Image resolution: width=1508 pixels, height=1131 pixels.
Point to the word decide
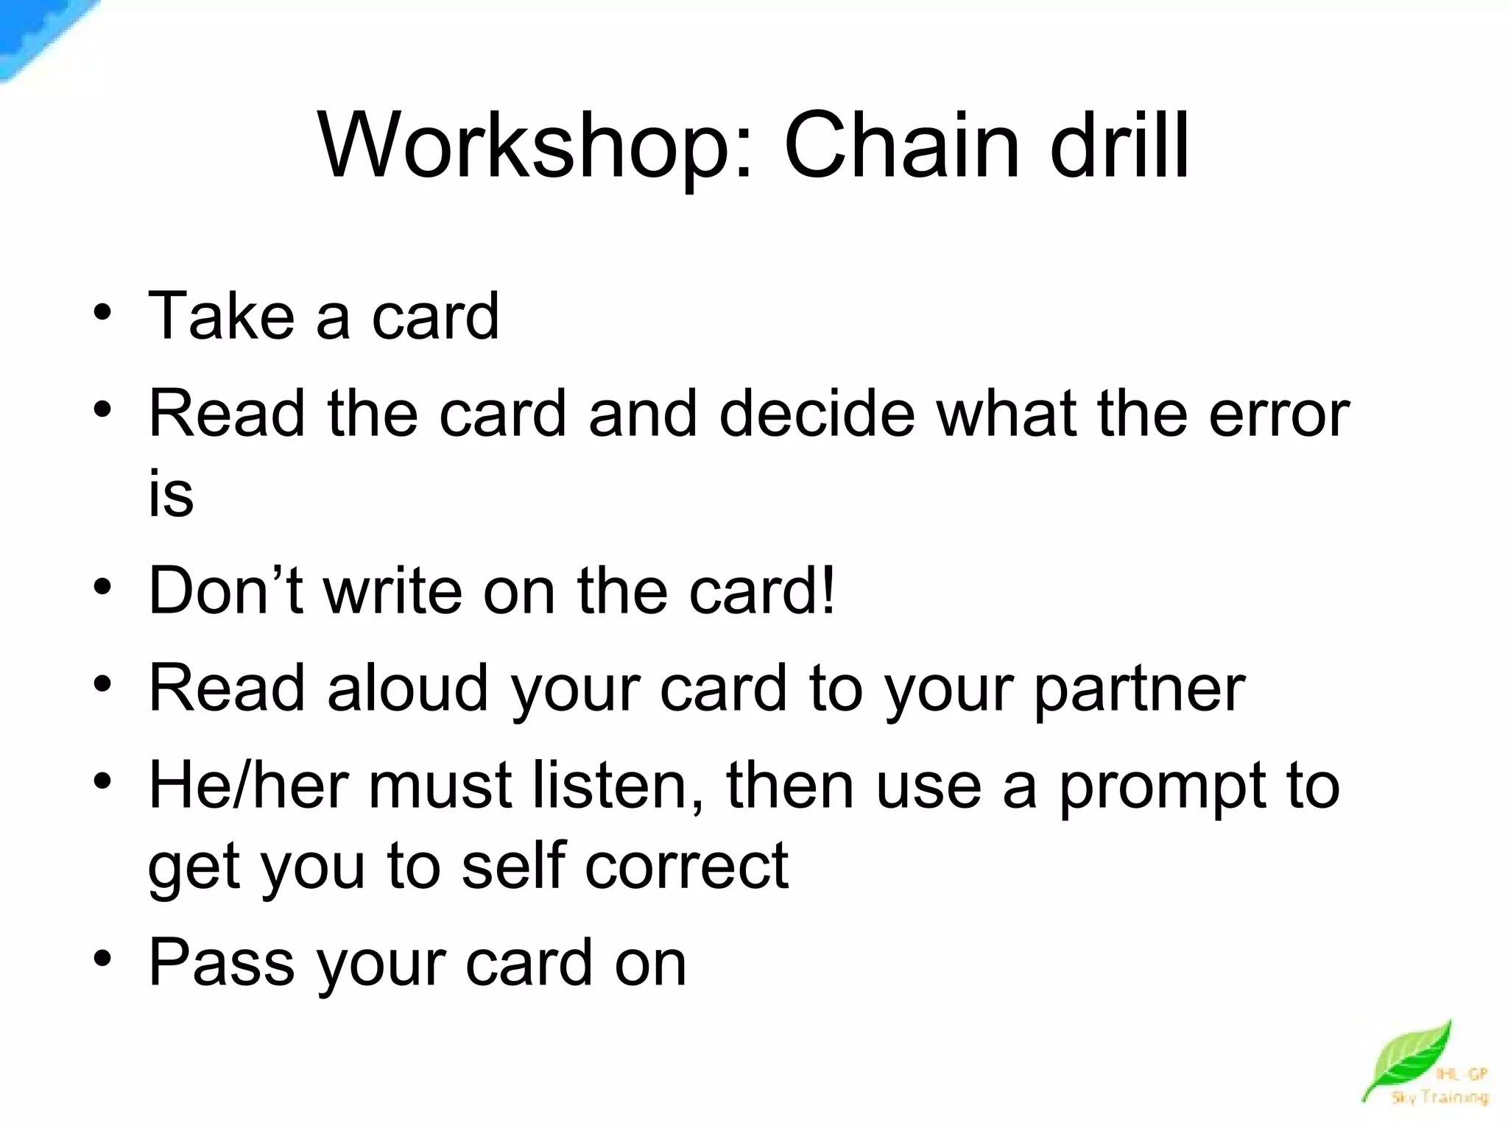pos(817,413)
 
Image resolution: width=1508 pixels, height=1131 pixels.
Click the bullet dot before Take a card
pos(102,314)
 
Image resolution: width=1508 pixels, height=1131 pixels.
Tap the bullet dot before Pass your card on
pos(102,960)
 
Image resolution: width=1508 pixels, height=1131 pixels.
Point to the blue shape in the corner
pos(37,33)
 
